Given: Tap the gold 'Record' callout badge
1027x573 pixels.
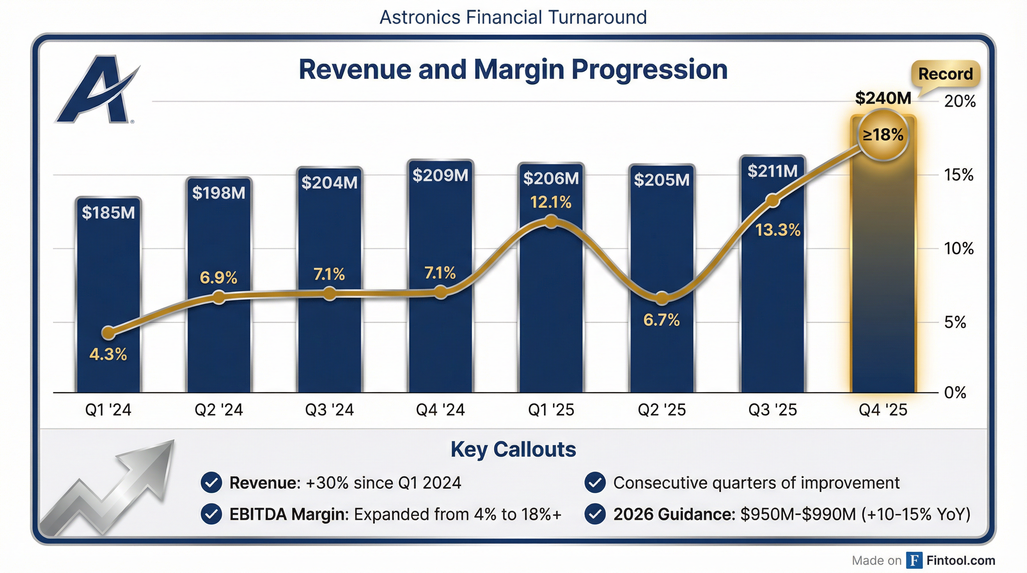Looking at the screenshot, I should pyautogui.click(x=945, y=74).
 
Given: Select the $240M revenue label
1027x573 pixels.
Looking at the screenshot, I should pyautogui.click(x=883, y=98).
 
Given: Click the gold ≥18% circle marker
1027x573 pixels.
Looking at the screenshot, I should pyautogui.click(x=883, y=135).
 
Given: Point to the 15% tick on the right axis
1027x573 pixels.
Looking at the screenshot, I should pyautogui.click(x=958, y=175).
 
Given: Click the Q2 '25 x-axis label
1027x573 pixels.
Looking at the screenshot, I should pyautogui.click(x=661, y=410).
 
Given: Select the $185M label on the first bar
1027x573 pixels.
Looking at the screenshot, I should pyautogui.click(x=109, y=212).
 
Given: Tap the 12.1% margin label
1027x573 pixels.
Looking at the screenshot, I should pyautogui.click(x=550, y=203).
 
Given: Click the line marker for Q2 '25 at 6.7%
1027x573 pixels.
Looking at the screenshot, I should pyautogui.click(x=662, y=298).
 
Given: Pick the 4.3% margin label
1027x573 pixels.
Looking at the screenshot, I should pyautogui.click(x=108, y=354).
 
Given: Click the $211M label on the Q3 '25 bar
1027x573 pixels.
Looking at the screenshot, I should pyautogui.click(x=772, y=171).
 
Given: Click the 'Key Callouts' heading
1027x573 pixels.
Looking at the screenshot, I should pyautogui.click(x=513, y=450).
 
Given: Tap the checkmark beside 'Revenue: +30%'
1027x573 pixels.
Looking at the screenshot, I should pyautogui.click(x=211, y=483).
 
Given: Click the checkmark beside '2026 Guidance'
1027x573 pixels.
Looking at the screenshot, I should pyautogui.click(x=595, y=514).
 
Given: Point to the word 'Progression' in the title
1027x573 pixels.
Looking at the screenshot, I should pyautogui.click(x=649, y=70).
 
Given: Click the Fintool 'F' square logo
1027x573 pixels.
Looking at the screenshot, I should pyautogui.click(x=914, y=560).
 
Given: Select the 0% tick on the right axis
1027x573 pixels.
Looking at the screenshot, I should pyautogui.click(x=955, y=393).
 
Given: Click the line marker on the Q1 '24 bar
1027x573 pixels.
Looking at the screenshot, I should pyautogui.click(x=109, y=332).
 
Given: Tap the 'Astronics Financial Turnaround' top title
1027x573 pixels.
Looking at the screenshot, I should pyautogui.click(x=513, y=18).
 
